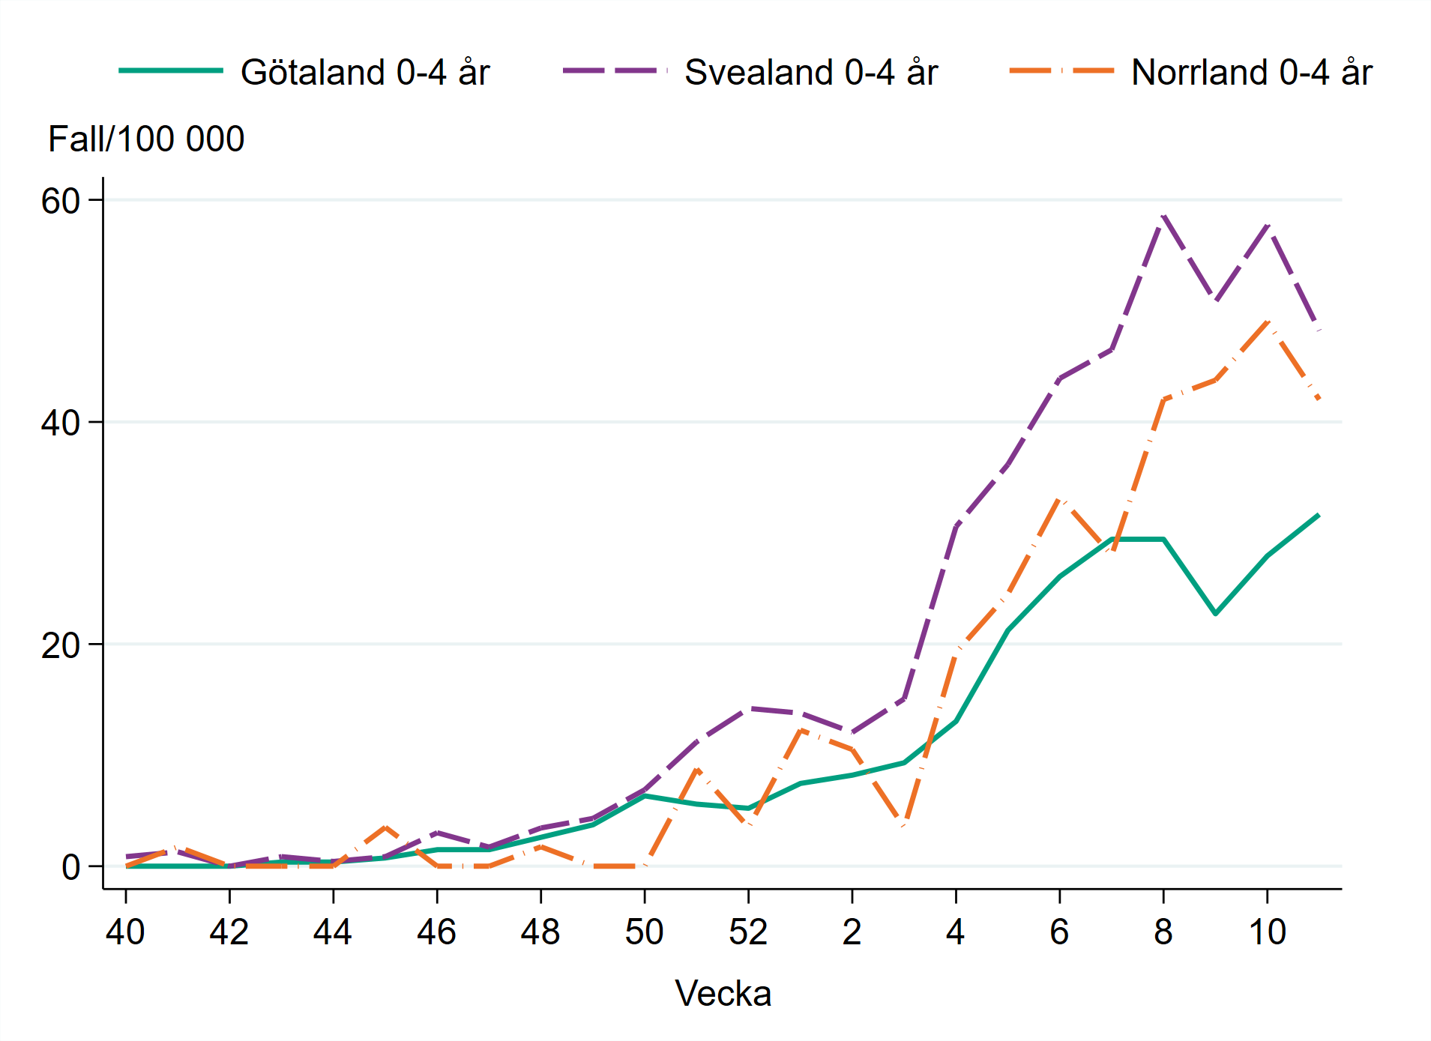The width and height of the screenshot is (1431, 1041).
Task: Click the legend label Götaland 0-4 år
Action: click(364, 73)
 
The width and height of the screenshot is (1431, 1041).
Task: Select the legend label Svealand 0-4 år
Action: click(810, 73)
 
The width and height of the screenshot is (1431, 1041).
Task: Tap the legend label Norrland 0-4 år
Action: click(1251, 73)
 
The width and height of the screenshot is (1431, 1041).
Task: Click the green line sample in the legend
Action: click(171, 71)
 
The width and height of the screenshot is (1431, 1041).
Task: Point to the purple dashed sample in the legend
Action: click(615, 71)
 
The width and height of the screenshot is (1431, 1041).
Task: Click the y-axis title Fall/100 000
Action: click(146, 139)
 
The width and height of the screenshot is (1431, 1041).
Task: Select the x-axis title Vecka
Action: click(723, 994)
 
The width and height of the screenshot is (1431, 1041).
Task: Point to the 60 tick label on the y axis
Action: click(60, 201)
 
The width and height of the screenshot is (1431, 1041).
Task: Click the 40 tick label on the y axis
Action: click(60, 423)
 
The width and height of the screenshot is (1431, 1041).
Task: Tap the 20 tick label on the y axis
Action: click(60, 645)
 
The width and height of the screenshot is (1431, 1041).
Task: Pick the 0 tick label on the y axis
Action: click(70, 867)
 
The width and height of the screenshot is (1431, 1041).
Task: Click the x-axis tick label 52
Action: click(748, 932)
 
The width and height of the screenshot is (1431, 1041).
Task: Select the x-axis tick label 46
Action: click(436, 932)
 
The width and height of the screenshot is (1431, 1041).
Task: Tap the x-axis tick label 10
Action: click(1267, 932)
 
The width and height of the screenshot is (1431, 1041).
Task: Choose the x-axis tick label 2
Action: click(852, 932)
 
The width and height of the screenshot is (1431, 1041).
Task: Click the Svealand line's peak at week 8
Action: click(1163, 217)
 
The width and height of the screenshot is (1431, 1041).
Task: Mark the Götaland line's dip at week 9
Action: click(1215, 614)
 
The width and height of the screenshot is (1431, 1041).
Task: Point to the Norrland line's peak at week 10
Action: click(1268, 321)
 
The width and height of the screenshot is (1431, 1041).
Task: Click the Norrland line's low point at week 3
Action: click(905, 824)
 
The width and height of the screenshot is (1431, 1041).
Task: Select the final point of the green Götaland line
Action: click(1319, 515)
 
